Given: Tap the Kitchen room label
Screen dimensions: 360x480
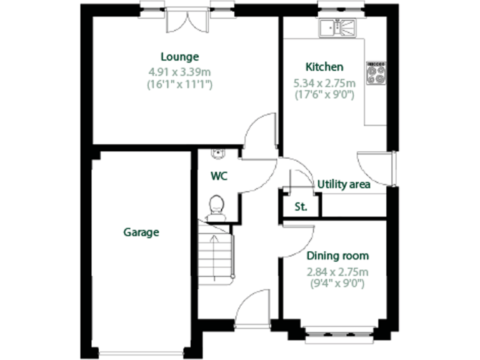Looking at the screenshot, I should (x=324, y=67).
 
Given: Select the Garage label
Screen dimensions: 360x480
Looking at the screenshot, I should (x=141, y=232).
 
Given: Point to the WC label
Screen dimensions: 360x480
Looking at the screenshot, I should (x=218, y=176).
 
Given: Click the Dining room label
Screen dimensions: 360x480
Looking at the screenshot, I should (x=337, y=256).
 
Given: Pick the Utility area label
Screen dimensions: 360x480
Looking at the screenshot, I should (x=344, y=184).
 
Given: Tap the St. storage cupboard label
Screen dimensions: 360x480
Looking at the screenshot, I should (x=301, y=206).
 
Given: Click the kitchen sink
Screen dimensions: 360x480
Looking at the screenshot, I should (x=337, y=28).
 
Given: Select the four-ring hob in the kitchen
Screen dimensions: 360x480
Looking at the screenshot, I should (x=376, y=74).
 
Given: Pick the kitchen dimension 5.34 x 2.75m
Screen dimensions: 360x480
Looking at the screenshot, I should (x=324, y=82).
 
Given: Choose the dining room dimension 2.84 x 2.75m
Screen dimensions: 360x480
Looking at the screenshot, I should (x=337, y=271).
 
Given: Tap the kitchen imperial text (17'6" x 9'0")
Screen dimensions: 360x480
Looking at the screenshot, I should (x=324, y=95).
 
